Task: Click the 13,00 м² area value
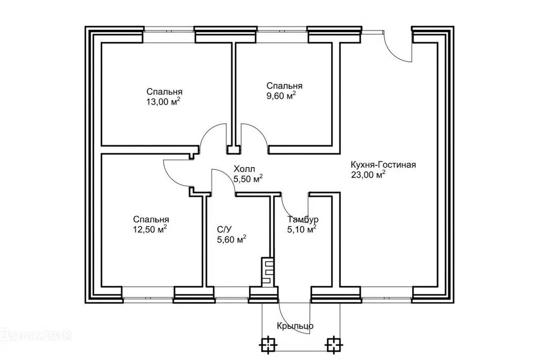pos(163,102)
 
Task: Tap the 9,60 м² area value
pos(281,96)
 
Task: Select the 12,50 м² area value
pos(150,229)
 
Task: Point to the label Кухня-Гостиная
pos(383,165)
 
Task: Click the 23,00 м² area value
pos(368,175)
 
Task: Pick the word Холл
pos(244,169)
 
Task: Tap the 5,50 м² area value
pos(248,179)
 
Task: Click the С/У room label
pos(224,229)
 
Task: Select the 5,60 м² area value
pos(231,239)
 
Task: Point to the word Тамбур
pos(303,220)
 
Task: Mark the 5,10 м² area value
pos(301,229)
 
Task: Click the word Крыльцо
pos(295,326)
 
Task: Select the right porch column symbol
pos(334,344)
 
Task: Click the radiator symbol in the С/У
pos(268,272)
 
